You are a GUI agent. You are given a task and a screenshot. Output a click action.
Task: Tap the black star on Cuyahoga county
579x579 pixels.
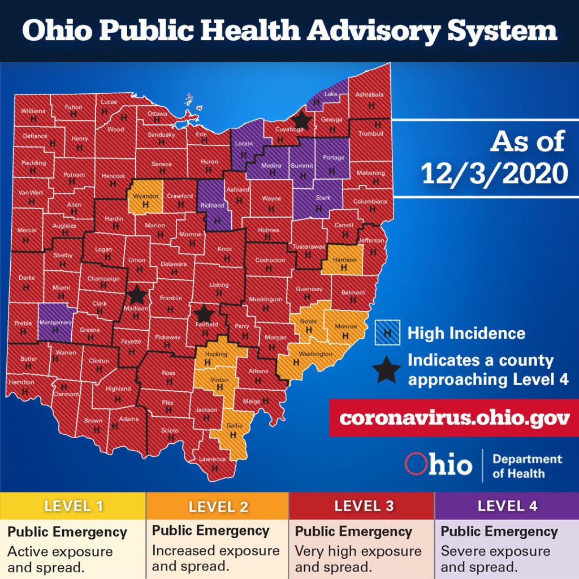(301, 119)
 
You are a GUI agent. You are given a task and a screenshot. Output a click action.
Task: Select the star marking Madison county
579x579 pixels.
(136, 295)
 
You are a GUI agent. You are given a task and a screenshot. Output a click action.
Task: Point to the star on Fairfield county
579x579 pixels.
(204, 313)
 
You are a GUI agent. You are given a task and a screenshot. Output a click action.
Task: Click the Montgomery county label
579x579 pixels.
(55, 322)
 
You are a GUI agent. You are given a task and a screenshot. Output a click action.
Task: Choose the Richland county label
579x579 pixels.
(213, 206)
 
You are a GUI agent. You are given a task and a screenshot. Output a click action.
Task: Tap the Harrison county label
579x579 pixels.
(344, 260)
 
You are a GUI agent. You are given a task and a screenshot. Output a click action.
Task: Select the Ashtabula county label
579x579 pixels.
(369, 95)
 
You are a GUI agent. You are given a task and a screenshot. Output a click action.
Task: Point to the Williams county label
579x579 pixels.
(33, 111)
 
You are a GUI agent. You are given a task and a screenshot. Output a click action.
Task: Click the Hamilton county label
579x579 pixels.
(21, 383)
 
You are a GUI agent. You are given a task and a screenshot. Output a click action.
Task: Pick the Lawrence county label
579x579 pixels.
(212, 459)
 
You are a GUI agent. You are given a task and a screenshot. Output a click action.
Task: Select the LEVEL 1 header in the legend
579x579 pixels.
(74, 505)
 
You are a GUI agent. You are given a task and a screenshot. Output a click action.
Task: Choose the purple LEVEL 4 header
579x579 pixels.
(507, 505)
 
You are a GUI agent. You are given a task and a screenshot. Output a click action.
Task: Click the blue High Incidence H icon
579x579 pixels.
(387, 333)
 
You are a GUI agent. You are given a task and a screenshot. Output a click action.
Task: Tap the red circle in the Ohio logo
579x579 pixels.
(416, 464)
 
